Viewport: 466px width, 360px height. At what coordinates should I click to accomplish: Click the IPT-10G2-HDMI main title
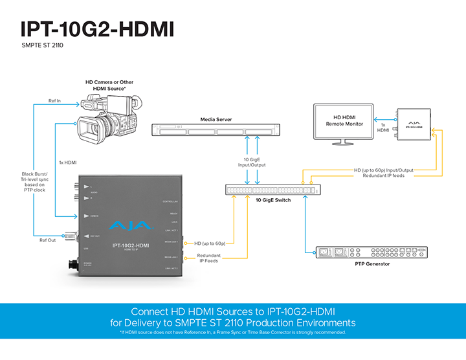click(x=97, y=28)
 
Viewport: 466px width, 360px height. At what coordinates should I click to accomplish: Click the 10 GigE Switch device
click(x=272, y=190)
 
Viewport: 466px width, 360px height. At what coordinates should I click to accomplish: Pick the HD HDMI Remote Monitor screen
click(x=344, y=120)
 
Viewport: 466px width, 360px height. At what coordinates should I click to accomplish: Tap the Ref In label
click(x=55, y=100)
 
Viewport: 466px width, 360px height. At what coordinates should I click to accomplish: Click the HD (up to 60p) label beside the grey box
click(x=210, y=243)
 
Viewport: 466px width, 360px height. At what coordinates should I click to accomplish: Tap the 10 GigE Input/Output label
click(x=254, y=162)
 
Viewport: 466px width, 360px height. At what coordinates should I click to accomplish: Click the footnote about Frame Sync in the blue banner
click(x=233, y=332)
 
